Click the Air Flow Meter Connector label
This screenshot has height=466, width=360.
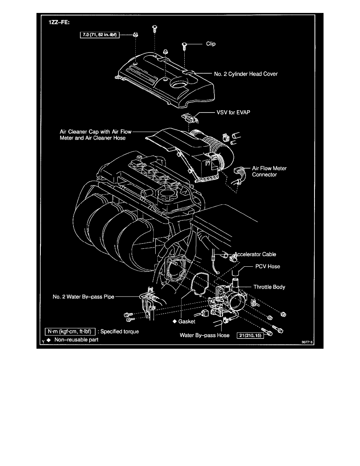269,171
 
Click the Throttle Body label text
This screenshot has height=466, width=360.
269,287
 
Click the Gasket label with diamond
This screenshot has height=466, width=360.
184,321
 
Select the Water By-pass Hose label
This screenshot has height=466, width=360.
204,335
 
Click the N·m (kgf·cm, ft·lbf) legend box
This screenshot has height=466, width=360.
70,331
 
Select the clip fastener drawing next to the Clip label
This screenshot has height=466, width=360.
184,46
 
